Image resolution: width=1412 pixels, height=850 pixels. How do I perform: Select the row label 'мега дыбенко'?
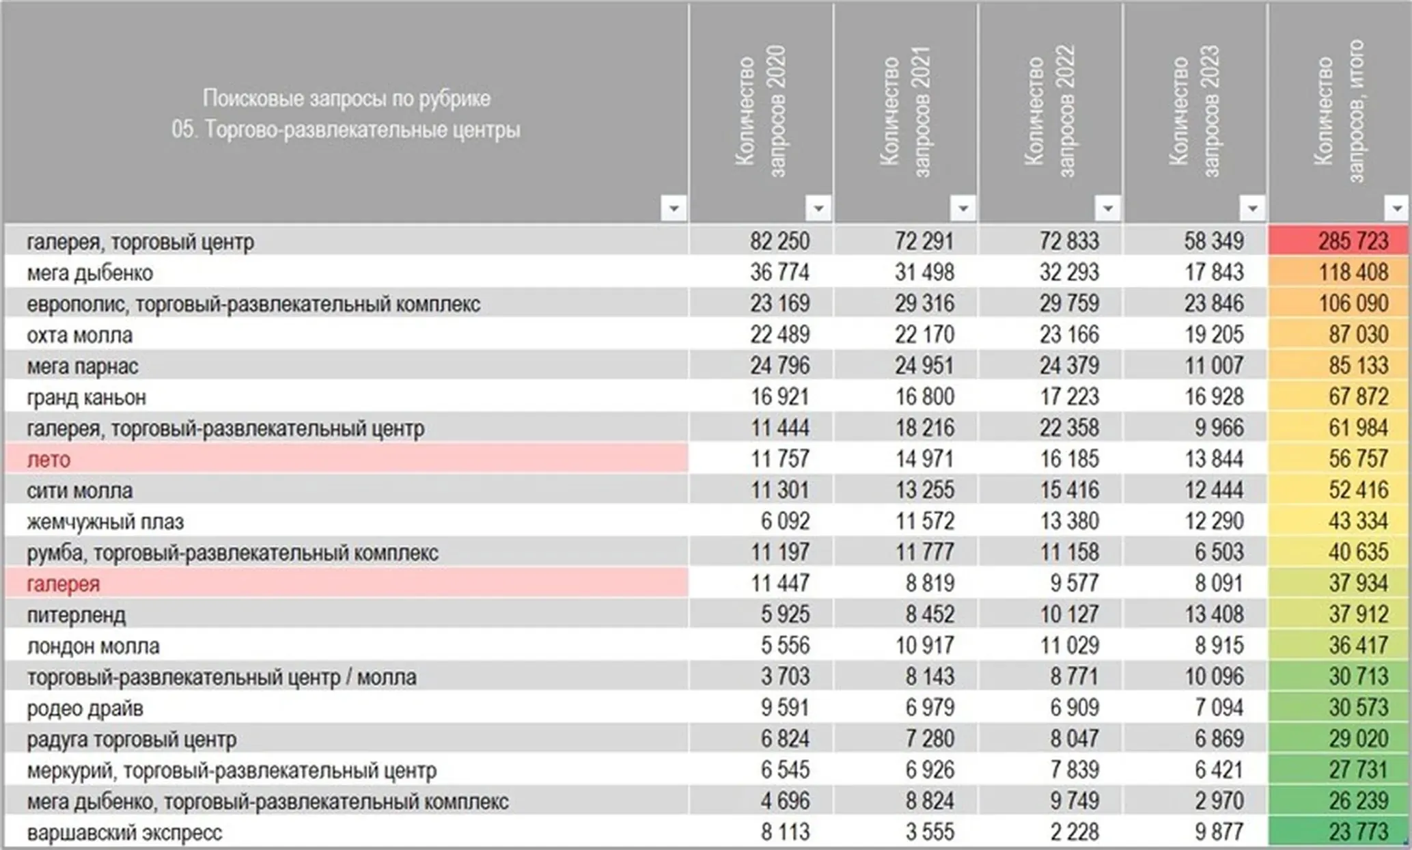coord(90,273)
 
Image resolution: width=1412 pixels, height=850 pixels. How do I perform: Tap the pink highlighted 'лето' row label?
coord(49,460)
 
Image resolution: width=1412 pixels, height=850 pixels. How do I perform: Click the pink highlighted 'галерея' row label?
coord(64,584)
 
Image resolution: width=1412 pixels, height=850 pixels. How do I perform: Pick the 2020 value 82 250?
coord(779,241)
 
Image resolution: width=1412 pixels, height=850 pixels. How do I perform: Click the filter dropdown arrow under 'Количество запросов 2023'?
coord(1252,208)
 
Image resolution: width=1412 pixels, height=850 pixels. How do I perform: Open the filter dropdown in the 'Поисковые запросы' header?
coord(674,208)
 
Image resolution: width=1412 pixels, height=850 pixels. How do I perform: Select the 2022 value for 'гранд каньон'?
coord(1069,397)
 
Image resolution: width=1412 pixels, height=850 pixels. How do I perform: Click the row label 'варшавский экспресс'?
coord(125,833)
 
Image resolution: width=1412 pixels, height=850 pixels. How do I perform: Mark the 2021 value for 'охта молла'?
coord(924,335)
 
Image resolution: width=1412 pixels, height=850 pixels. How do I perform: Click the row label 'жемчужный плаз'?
coord(106,522)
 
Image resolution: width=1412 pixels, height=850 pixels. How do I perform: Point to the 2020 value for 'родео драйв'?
coord(785,708)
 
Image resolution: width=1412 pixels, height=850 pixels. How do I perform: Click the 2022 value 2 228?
coord(1075,832)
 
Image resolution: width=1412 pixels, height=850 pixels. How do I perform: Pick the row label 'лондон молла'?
coord(94,646)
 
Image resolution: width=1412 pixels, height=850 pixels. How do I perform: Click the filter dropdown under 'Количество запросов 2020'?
coord(818,208)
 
